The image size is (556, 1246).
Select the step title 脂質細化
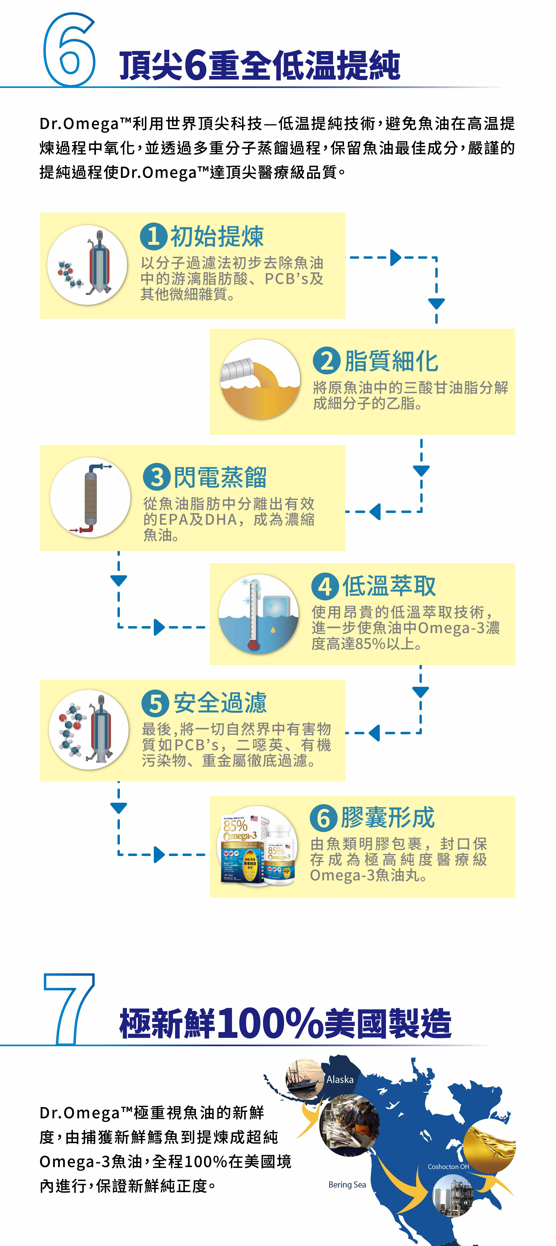[391, 361]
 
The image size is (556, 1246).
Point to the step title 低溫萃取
[389, 586]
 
